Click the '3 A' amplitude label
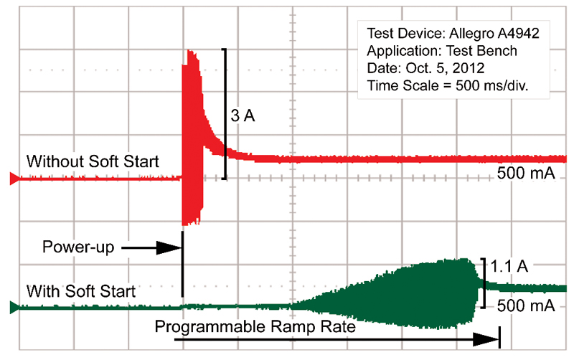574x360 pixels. pos(243,115)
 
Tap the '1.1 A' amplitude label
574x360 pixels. pos(509,266)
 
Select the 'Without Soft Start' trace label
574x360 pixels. pos(93,161)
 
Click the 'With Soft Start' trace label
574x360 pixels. pos(81,291)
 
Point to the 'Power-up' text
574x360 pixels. pos(78,247)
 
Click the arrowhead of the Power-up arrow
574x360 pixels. pos(169,247)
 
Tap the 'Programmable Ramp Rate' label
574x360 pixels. pos(255,326)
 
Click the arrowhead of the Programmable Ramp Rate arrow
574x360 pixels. pos(486,339)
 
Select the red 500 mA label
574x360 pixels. pos(526,173)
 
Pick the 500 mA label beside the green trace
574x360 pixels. pos(526,305)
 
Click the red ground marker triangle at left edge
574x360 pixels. pos(14,179)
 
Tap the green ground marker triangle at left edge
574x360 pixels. pos(14,308)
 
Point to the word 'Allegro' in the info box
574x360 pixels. pos(465,34)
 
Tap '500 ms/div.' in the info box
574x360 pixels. pos(492,86)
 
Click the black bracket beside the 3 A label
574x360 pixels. pos(225,114)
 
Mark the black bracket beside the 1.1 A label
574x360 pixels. pos(484,283)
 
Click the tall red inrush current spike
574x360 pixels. pos(192,137)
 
